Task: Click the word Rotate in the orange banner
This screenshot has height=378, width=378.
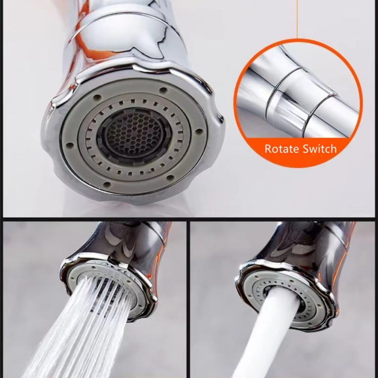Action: pos(282,148)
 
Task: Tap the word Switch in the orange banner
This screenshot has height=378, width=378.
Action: pos(319,148)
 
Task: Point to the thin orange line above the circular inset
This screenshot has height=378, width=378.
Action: pos(297,19)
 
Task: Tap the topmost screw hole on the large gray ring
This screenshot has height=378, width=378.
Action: pos(163,90)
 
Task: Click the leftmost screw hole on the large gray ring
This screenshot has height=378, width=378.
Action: pos(69,146)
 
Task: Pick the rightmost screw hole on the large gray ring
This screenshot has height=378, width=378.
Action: pos(198,131)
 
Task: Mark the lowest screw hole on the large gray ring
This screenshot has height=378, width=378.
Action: pos(107,185)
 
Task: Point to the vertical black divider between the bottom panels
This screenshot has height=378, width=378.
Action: pos(188,299)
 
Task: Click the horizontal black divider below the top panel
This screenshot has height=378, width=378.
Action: pos(189,219)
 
